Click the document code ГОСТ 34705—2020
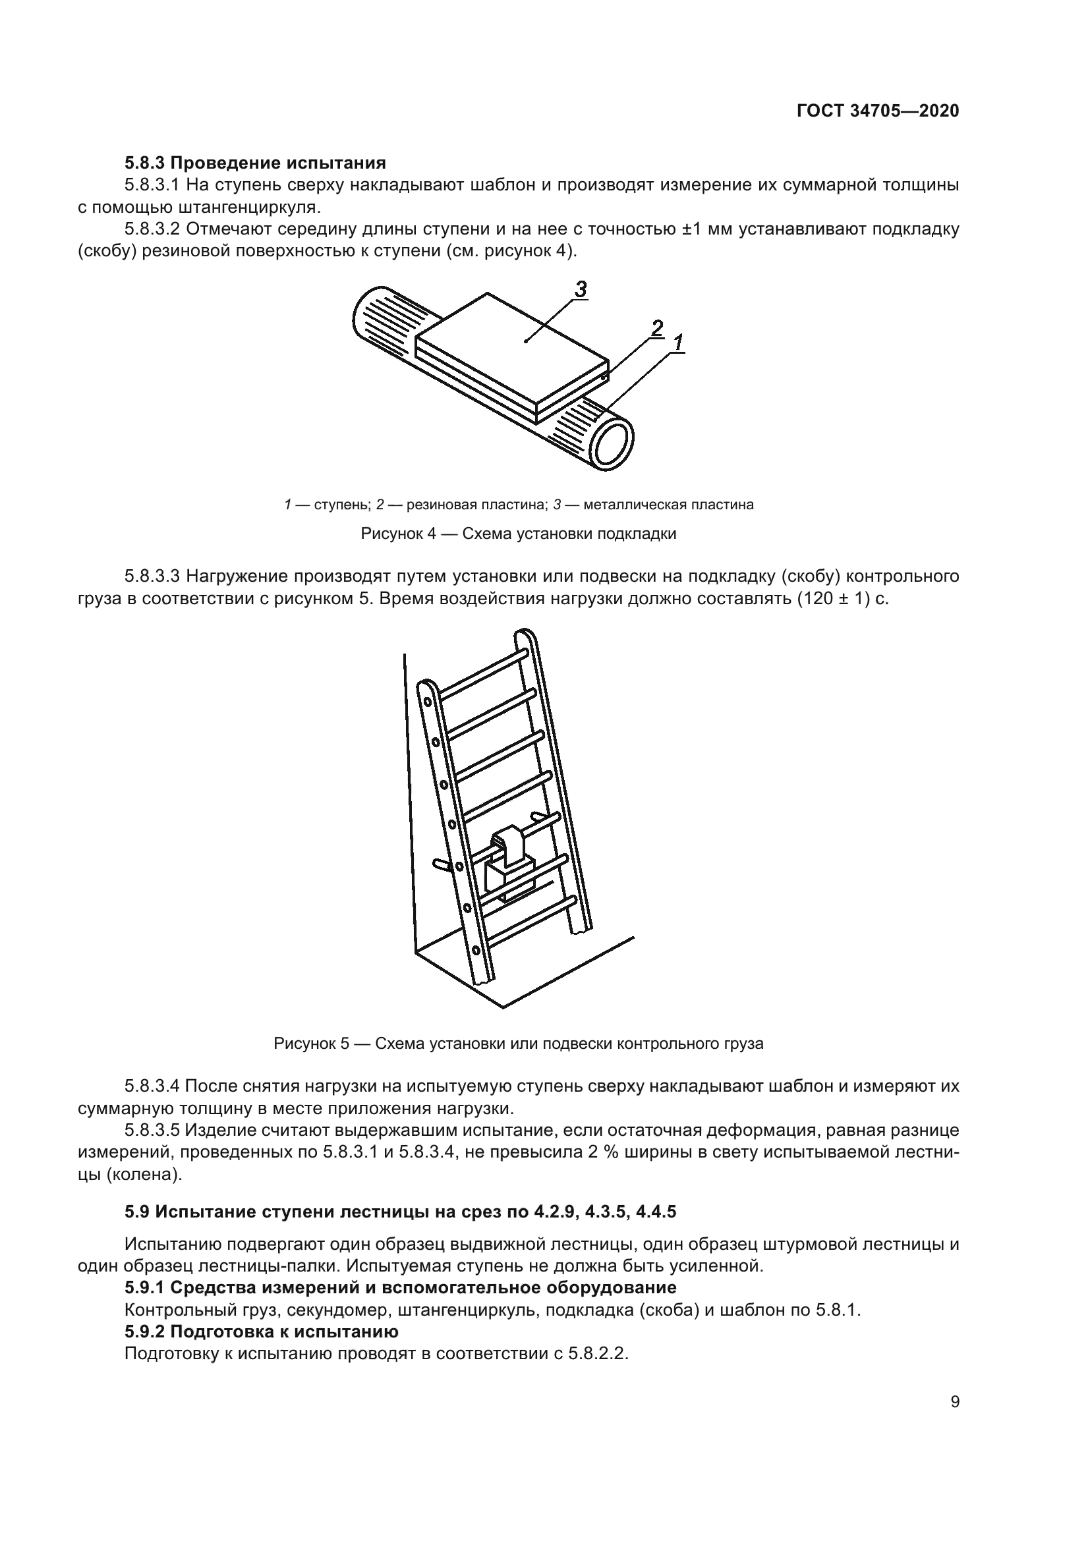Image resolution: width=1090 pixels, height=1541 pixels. (878, 111)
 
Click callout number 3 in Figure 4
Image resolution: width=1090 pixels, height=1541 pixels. (581, 289)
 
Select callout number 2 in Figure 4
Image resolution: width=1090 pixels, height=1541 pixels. (657, 328)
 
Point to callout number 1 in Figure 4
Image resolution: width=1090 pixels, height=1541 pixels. (678, 343)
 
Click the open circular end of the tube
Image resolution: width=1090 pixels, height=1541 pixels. (612, 444)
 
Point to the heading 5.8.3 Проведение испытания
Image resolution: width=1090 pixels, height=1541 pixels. (255, 163)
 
